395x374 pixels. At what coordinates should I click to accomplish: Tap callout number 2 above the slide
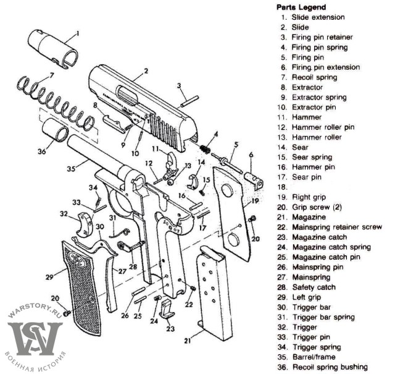pos(146,72)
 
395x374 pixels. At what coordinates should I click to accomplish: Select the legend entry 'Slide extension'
pos(318,17)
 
